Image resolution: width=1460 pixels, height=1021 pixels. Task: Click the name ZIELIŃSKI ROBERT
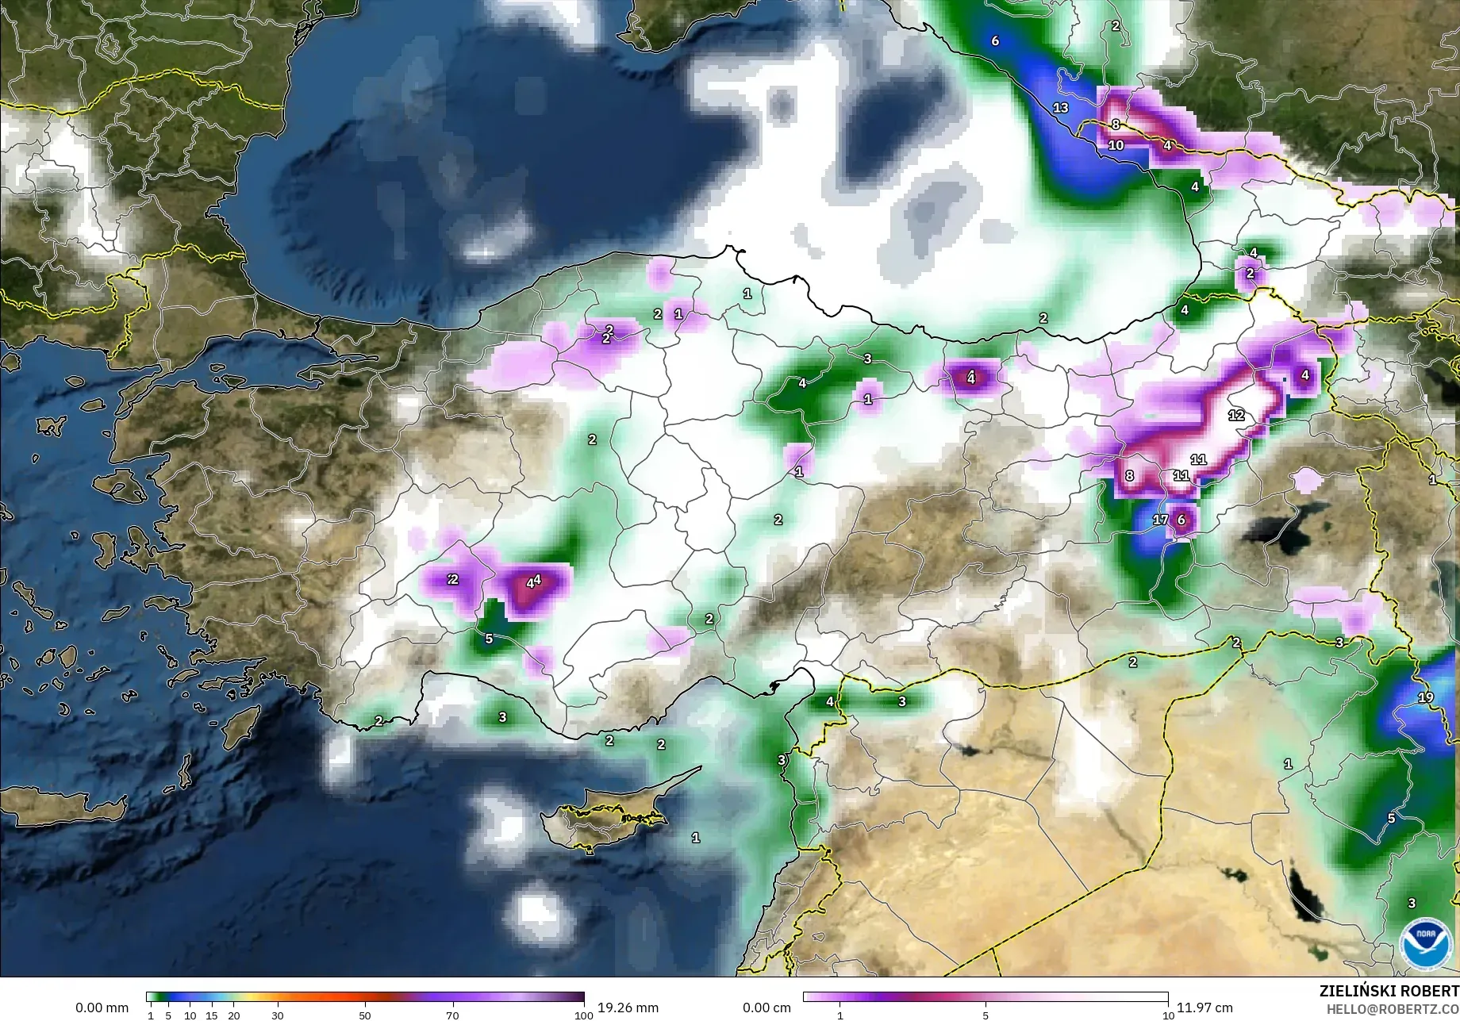1389,991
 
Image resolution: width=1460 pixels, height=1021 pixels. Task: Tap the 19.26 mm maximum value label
628,1008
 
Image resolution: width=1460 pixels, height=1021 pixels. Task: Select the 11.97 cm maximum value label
1204,1008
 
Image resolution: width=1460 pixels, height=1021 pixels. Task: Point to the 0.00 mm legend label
102,1008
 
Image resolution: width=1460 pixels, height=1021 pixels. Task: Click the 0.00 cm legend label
766,1008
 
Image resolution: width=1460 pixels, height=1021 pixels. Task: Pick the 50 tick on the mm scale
365,1015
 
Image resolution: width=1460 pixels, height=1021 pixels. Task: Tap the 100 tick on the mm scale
583,1015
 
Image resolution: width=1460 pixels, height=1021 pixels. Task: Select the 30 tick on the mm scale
277,1015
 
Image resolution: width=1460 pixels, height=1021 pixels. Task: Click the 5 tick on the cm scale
985,1015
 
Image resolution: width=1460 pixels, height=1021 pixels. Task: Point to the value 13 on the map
1061,107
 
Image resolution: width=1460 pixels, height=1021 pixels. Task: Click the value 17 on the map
1160,520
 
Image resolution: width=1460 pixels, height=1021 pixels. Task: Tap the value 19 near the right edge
1426,697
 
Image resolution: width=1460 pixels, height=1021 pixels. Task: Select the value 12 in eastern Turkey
1236,415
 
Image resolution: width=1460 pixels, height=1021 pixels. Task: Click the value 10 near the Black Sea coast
1116,145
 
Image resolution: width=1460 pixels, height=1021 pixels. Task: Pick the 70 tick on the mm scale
452,1015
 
